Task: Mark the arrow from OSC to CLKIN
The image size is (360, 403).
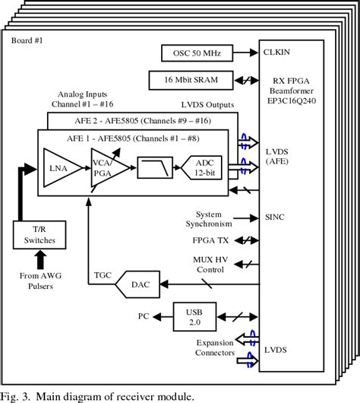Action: click(x=242, y=52)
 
